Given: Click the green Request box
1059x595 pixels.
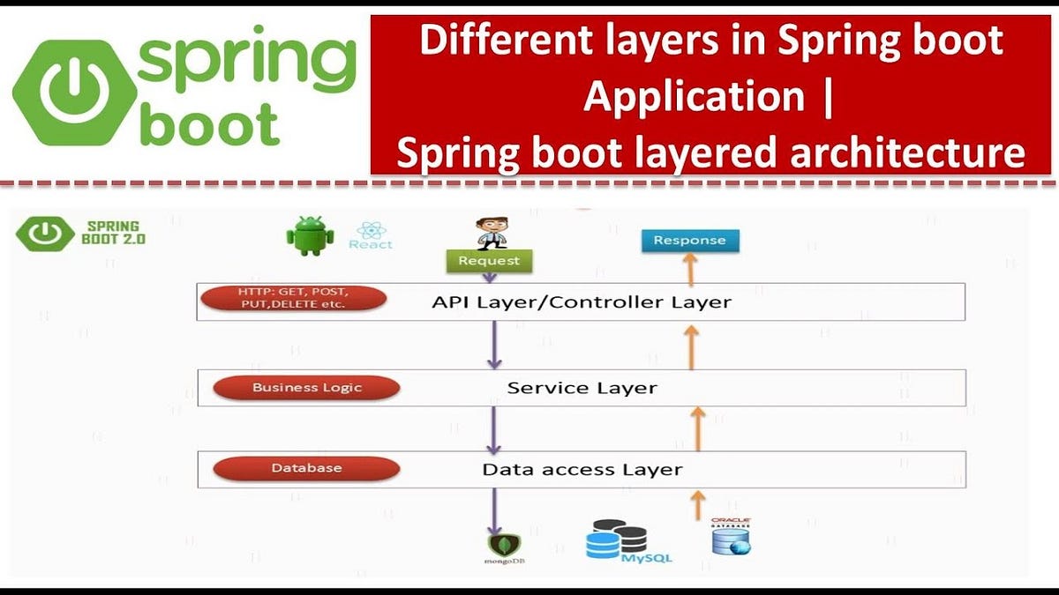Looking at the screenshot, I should click(x=489, y=261).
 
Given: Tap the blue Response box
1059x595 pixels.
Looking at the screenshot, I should click(x=690, y=240).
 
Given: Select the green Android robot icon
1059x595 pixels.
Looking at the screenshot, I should click(x=310, y=237).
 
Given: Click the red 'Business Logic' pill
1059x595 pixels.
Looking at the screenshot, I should click(x=307, y=388).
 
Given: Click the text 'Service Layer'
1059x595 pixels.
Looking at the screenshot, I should click(x=582, y=388).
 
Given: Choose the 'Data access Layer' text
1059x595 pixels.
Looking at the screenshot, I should click(x=582, y=469).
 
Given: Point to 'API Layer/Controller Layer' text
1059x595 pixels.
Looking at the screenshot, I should click(x=582, y=301).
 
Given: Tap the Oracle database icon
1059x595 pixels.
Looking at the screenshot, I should click(x=731, y=537).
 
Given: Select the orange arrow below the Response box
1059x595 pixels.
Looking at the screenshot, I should click(x=691, y=269).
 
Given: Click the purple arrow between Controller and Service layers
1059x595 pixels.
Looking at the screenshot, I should click(x=494, y=345).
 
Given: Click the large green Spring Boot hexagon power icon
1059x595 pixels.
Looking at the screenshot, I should click(x=68, y=92).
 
